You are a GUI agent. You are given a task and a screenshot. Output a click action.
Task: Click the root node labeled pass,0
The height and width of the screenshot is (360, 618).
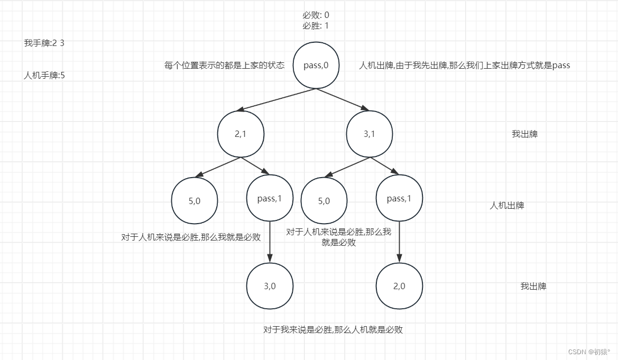pos(316,66)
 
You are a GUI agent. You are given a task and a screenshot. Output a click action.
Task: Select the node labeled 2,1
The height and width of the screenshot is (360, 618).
pos(241,134)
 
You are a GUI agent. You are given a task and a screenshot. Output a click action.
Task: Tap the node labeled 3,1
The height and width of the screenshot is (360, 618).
pos(369,134)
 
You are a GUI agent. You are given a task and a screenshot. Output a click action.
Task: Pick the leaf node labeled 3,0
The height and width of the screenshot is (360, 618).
pos(270,286)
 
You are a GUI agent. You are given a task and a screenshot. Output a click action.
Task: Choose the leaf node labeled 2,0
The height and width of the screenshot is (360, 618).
pos(399,286)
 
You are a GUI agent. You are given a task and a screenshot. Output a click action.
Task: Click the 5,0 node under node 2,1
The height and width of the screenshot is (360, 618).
pos(195,201)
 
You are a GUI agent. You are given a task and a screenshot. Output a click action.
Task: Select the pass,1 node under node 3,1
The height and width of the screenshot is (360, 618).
pos(399,199)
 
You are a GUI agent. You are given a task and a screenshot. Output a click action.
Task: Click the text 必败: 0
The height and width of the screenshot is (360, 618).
pos(316,15)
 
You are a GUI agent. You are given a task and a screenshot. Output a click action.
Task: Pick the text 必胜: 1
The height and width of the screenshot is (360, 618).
pos(316,25)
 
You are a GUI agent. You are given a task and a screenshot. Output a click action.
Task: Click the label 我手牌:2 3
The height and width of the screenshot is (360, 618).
pos(44,43)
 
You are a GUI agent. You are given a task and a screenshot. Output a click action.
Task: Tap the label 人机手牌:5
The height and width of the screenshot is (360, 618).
pos(44,75)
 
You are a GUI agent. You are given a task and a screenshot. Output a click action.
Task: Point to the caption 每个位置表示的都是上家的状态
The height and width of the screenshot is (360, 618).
pos(225,66)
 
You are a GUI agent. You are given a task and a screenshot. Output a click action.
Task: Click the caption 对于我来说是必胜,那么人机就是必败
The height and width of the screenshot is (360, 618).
pos(333,329)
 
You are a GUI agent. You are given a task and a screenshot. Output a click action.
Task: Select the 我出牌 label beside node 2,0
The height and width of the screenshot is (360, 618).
pos(533,286)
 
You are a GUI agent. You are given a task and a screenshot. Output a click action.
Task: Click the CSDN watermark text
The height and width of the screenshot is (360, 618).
pos(589,352)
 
